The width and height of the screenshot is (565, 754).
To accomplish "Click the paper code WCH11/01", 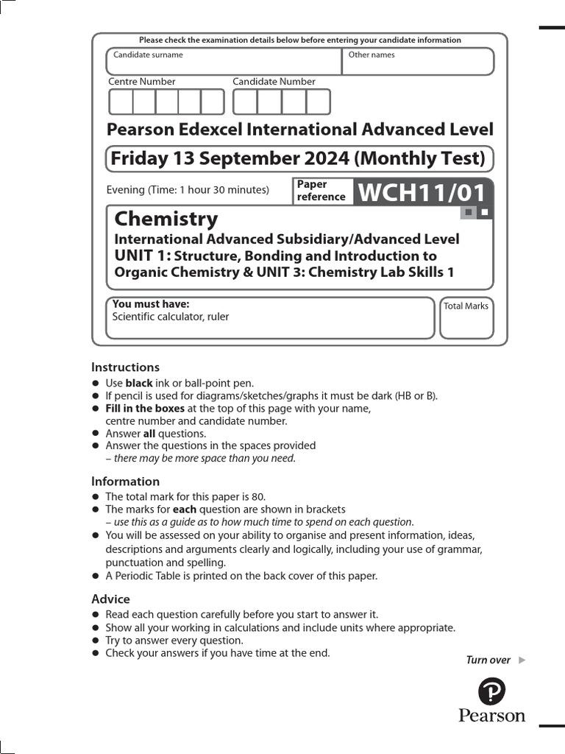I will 422,193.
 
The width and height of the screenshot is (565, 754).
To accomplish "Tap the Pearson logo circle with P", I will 491,691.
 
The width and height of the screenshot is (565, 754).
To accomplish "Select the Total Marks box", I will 466,318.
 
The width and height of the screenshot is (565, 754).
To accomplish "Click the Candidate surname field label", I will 148,54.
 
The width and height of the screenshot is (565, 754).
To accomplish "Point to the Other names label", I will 372,54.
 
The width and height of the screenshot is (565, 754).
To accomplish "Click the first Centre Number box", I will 121,102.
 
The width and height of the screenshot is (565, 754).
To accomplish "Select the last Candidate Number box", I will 318,102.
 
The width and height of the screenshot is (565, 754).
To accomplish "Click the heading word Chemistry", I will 166,219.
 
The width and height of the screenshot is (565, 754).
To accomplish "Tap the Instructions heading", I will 125,367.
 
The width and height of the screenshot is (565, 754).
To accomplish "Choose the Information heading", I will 125,482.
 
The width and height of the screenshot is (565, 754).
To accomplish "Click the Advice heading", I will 110,599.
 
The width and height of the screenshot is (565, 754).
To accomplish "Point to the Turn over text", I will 488,660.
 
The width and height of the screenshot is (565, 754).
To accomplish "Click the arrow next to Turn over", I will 522,660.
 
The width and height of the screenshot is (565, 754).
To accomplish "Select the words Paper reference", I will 321,191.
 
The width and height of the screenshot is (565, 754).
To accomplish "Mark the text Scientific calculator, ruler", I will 170,317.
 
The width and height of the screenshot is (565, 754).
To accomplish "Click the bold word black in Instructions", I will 139,383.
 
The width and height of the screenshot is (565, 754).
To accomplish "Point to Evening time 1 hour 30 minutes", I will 188,190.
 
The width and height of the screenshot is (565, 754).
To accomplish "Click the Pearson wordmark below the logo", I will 491,715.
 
